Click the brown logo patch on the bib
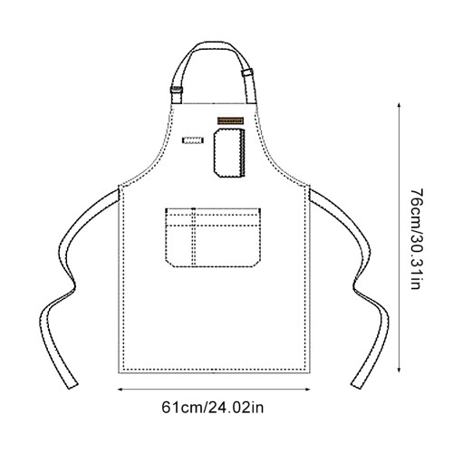[x=230, y=120]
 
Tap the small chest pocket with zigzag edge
[x=229, y=152]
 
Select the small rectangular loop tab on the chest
[x=193, y=140]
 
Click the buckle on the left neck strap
[x=177, y=90]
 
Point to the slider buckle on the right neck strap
[x=247, y=72]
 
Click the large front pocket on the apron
[x=213, y=237]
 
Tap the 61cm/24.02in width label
[x=213, y=408]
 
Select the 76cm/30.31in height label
[x=417, y=239]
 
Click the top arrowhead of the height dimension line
[x=399, y=105]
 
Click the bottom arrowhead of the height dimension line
[x=399, y=370]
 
